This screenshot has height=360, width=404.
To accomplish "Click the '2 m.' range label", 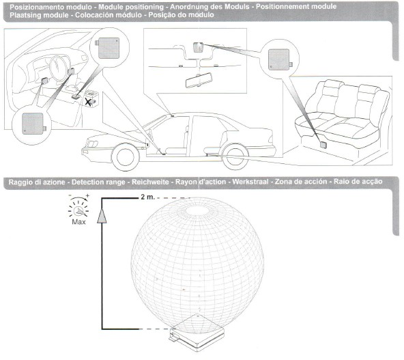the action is tap(147, 197).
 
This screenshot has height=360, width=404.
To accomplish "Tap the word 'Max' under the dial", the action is tap(78, 222).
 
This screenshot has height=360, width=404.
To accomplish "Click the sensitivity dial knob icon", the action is tap(78, 211).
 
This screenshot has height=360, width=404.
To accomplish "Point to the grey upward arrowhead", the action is tap(102, 216).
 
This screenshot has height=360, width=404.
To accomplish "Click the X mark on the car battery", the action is tap(88, 102).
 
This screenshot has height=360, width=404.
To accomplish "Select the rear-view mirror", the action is tap(199, 81).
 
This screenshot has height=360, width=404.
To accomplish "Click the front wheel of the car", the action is tap(125, 157).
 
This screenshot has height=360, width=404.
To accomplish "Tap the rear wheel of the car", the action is tap(235, 157).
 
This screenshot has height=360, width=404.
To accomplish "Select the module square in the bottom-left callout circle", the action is tap(33, 124).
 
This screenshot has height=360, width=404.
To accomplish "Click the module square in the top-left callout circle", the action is tap(109, 49).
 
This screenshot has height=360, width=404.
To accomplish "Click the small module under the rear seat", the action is tap(323, 145).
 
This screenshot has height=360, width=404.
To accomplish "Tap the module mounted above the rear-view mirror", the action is tap(198, 47).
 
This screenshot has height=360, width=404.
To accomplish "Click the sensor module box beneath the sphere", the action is tap(197, 333).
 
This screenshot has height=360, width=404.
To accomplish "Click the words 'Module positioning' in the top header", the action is tap(131, 7).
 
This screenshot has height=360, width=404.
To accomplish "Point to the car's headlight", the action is tap(93, 143).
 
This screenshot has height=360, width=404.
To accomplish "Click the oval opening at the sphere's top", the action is tap(197, 210).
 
